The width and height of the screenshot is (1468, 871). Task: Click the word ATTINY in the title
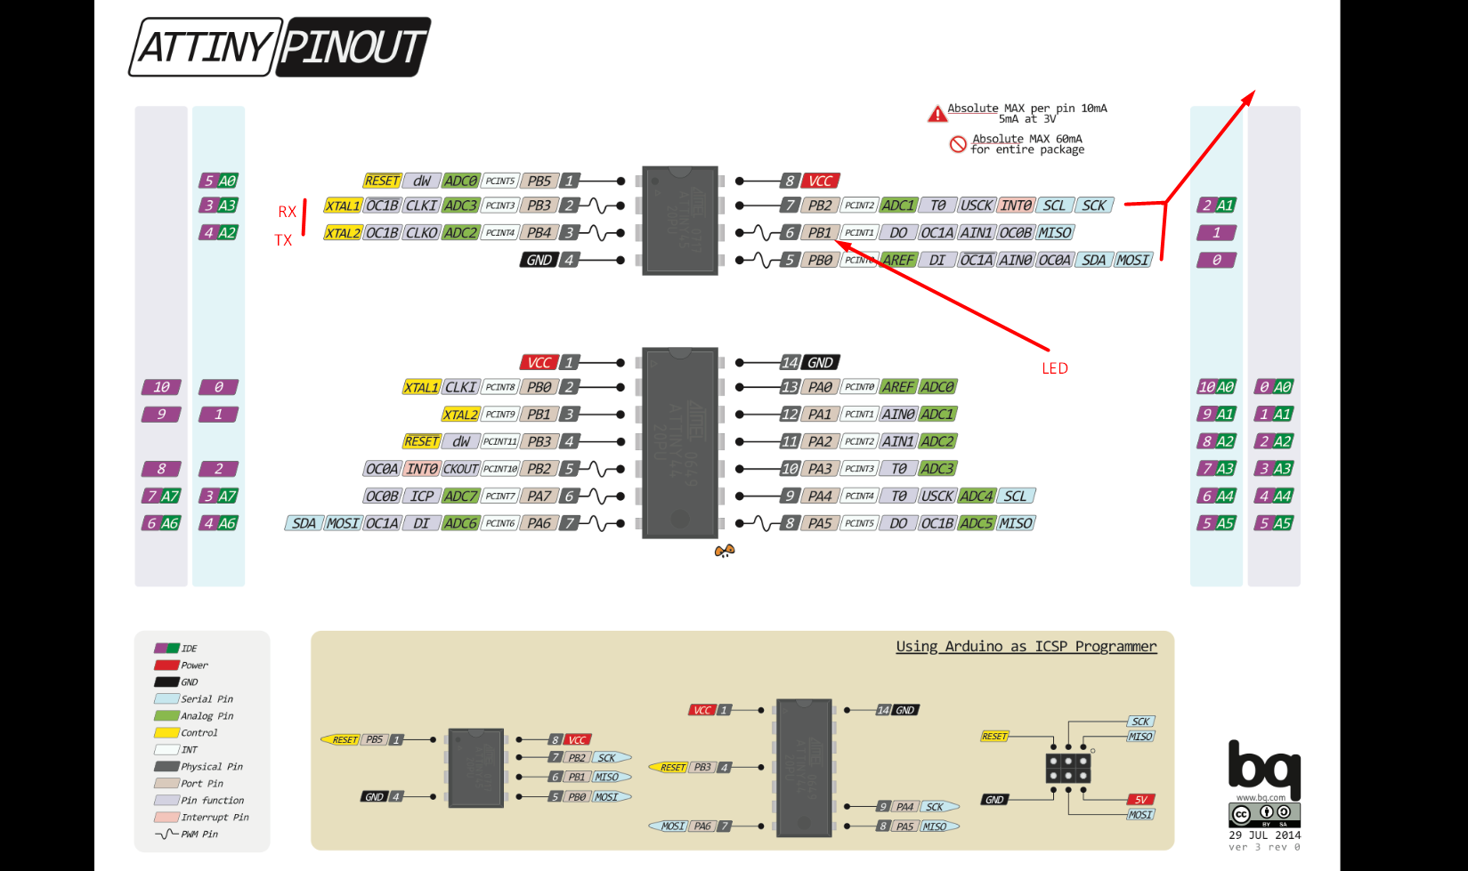coord(204,47)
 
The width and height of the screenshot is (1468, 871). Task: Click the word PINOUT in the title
coord(354,47)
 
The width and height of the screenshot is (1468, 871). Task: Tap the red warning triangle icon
coord(937,114)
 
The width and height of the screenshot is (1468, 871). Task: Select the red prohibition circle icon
coord(958,144)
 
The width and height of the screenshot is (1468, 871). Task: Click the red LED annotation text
coord(1055,368)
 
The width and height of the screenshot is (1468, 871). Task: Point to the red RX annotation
coord(287,212)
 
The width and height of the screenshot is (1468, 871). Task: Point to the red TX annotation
coord(283,240)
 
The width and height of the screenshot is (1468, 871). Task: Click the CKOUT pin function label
coord(461,469)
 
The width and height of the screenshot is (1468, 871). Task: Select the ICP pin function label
coord(422,496)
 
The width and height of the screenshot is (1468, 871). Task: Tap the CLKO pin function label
coord(422,233)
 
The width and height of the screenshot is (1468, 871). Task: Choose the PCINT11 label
coord(500,441)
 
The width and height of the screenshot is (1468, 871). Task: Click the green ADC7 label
coord(460,496)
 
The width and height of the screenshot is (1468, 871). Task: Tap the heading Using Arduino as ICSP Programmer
coord(1026,647)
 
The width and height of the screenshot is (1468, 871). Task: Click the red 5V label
coord(1140,799)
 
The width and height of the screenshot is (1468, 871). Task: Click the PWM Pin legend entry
coord(199,835)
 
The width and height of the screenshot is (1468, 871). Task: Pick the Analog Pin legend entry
coord(207,716)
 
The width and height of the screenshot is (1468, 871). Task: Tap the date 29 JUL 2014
coord(1264,835)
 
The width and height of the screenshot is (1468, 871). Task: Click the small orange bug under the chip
coord(725,552)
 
